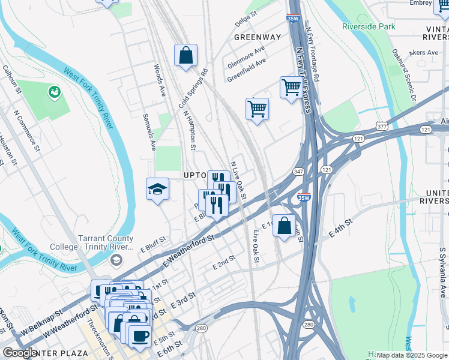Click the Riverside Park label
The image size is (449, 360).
pyautogui.click(x=369, y=26)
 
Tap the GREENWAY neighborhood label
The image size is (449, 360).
pyautogui.click(x=258, y=37)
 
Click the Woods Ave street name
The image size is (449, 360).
pyautogui.click(x=160, y=80)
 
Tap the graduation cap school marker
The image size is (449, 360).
pyautogui.click(x=157, y=190)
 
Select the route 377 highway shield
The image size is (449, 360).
pyautogui.click(x=381, y=127)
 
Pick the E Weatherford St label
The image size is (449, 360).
pyautogui.click(x=188, y=251)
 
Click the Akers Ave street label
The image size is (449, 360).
pyautogui.click(x=424, y=52)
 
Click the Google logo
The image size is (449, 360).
pyautogui.click(x=20, y=353)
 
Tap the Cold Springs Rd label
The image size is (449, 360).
pyautogui.click(x=193, y=88)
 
